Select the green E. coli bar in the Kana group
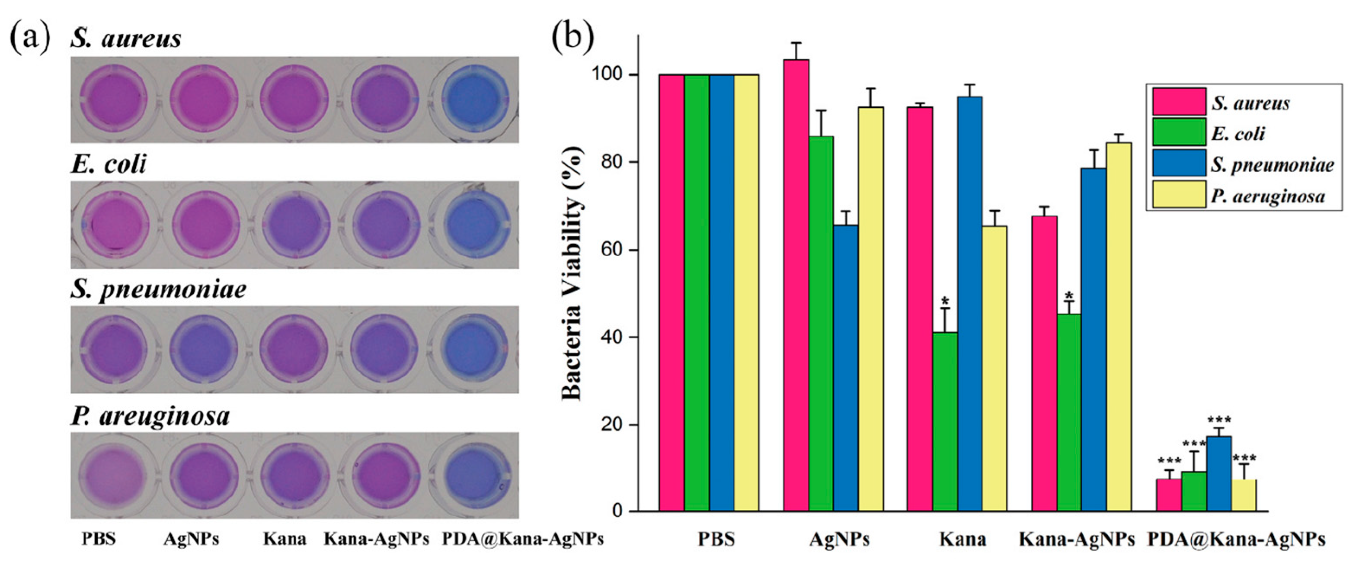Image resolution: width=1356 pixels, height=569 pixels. coord(945,421)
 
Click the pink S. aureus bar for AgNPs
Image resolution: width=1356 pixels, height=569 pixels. coord(796,285)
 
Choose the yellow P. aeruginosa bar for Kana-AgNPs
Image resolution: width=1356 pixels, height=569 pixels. coord(1119,327)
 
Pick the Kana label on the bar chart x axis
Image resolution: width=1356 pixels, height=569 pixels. coord(963,540)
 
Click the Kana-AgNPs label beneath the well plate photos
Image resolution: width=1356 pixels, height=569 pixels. coord(376,538)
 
